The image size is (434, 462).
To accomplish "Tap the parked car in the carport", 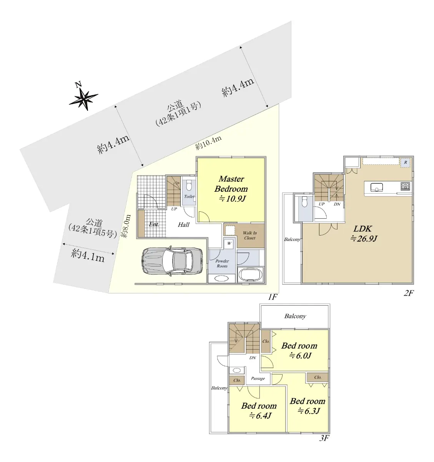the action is click(x=172, y=261).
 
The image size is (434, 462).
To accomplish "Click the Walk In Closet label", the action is click(x=250, y=235).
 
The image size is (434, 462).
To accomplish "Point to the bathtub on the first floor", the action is click(x=251, y=275).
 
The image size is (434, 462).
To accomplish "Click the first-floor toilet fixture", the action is click(x=189, y=185).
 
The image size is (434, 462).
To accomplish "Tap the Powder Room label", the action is click(x=222, y=263).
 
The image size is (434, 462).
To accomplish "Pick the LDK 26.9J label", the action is click(x=363, y=234).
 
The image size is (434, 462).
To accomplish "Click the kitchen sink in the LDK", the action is click(x=377, y=187).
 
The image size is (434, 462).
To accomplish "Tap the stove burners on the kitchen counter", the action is click(x=405, y=186).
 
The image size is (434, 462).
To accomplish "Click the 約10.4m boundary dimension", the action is click(x=208, y=142).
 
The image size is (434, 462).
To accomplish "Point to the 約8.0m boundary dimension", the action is click(x=126, y=226).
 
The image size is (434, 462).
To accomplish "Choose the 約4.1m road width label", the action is click(x=88, y=255).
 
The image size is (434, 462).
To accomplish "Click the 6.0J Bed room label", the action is click(x=299, y=351).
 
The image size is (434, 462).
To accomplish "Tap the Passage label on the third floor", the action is click(x=258, y=378).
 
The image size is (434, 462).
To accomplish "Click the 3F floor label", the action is click(x=324, y=438).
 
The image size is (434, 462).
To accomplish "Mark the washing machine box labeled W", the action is click(x=229, y=243).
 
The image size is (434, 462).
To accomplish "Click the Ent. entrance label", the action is click(x=154, y=224).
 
